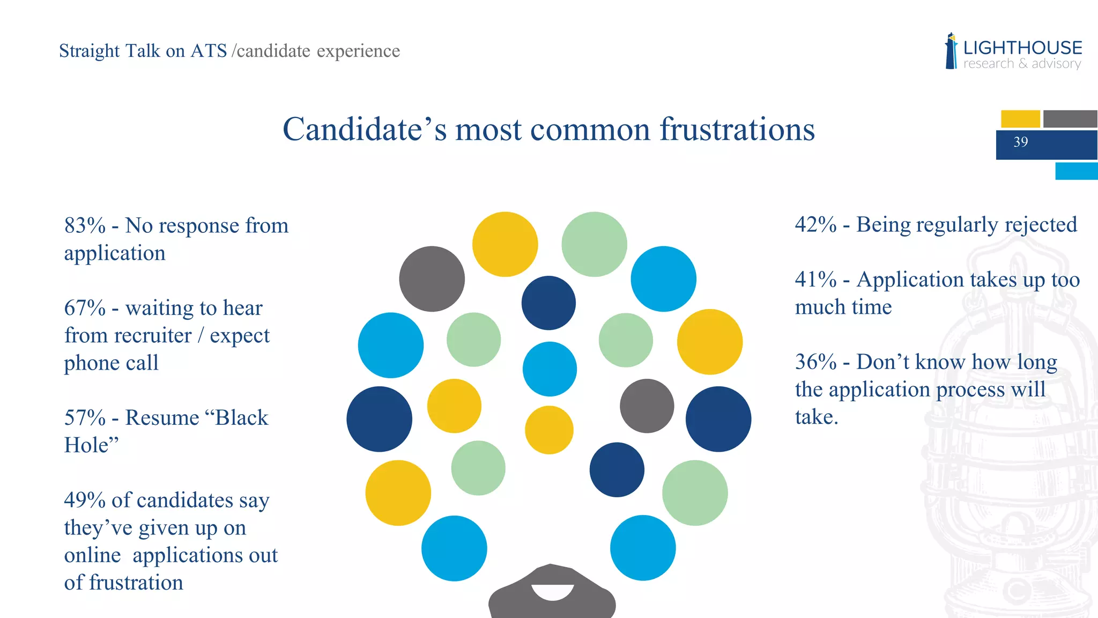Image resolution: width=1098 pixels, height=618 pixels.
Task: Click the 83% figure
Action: coord(85,226)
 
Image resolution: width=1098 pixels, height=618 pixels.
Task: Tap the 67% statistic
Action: coord(85,308)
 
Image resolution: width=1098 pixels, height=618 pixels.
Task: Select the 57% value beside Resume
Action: coord(85,418)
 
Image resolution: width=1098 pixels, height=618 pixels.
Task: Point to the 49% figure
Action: coord(85,501)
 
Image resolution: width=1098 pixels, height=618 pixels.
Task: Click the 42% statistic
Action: coord(815,225)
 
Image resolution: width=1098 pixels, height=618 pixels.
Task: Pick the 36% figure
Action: coord(815,362)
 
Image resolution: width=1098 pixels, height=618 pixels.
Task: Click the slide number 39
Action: coord(1020,142)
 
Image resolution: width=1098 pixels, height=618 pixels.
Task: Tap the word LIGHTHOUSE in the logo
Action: coord(1022,48)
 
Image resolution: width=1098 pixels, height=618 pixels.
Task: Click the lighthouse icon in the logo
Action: coord(951,51)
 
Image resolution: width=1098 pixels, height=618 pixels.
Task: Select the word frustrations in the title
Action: coord(737,129)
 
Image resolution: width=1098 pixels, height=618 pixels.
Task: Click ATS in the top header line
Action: coord(209,51)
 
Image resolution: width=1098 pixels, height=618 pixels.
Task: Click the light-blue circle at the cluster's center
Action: coord(550,369)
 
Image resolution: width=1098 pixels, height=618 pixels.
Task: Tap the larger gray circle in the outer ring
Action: coord(432,279)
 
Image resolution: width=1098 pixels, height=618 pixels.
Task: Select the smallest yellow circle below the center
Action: coord(549,430)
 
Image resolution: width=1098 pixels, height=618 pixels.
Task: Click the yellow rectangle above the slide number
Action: coord(1020,119)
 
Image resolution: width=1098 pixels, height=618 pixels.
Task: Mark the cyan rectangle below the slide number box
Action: coord(1076,171)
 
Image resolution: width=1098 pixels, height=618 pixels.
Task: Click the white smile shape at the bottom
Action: coord(553,592)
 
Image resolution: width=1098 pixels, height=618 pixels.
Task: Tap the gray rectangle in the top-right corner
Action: coord(1070,119)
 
